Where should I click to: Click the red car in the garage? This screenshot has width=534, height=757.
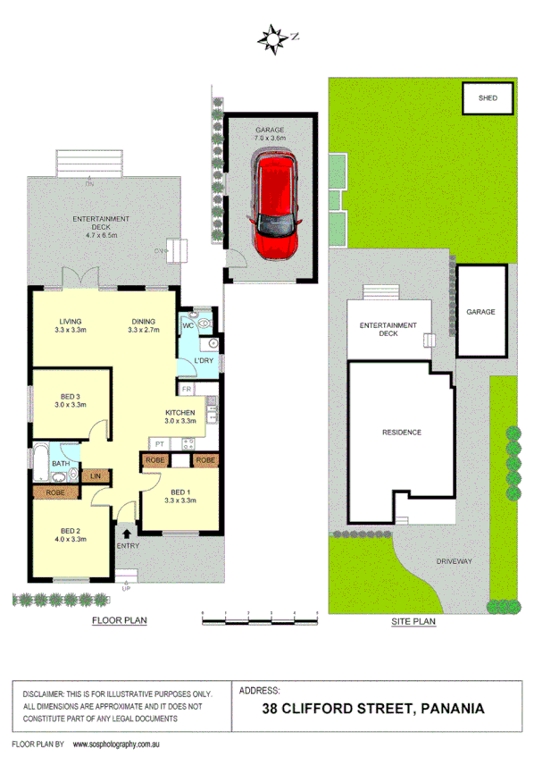click(276, 205)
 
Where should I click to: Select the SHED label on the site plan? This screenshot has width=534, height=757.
click(488, 98)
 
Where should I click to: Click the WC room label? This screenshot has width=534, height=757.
click(188, 325)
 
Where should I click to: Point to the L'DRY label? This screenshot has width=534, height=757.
click(204, 360)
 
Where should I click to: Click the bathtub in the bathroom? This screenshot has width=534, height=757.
click(41, 461)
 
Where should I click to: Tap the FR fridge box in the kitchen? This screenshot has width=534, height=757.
click(187, 389)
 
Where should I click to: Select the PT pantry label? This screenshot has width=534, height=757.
click(159, 444)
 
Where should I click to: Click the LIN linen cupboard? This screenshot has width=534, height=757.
click(96, 475)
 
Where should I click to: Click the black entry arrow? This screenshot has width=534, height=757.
click(126, 534)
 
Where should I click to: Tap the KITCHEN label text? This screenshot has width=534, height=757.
click(179, 412)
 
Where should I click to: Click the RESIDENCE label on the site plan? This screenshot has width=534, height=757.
click(401, 432)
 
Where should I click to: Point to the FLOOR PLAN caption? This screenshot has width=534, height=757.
click(121, 619)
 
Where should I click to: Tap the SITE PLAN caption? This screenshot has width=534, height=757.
click(413, 619)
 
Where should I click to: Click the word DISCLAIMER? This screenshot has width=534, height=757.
click(43, 693)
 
